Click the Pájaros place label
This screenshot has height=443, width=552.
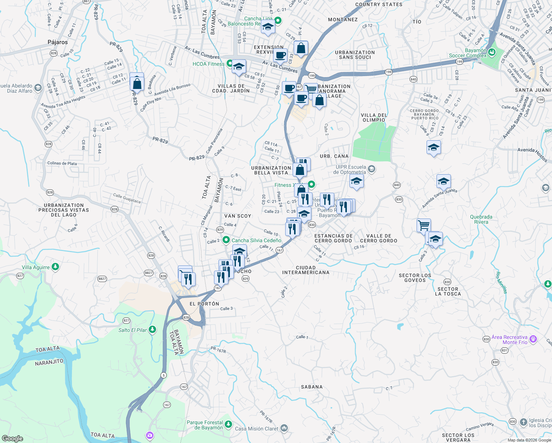click(58, 42)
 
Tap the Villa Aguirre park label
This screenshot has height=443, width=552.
click(36, 267)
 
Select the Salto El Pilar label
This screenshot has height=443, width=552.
click(133, 330)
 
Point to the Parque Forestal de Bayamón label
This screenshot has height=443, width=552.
click(205, 425)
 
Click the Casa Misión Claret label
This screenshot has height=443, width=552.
click(257, 429)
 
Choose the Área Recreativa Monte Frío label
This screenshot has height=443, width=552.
click(510, 340)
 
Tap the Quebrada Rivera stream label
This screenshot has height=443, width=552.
click(481, 219)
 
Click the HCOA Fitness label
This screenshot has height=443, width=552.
click(208, 64)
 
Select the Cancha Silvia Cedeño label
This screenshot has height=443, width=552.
click(256, 240)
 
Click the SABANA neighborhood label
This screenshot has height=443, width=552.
click(312, 387)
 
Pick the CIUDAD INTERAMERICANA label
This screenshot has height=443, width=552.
click(306, 270)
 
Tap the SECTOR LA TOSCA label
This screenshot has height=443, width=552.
click(448, 292)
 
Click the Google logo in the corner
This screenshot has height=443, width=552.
click(13, 439)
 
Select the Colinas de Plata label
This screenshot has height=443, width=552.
click(62, 163)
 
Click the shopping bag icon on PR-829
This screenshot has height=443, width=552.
click(137, 83)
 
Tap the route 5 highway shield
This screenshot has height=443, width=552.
click(163, 375)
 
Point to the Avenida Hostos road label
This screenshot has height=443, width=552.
click(532, 155)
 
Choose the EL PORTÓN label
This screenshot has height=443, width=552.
click(204, 303)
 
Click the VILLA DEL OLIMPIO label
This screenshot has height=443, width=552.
click(374, 117)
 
